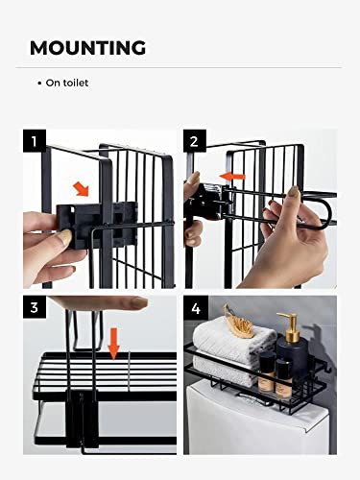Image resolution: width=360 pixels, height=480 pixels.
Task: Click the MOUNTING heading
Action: click(x=87, y=48)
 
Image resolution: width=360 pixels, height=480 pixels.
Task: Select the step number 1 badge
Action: click(x=35, y=141)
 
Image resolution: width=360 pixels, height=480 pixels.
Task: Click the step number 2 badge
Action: click(x=195, y=141)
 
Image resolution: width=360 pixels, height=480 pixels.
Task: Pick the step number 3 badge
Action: click(x=35, y=307)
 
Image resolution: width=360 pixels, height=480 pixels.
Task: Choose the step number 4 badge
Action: click(x=196, y=308)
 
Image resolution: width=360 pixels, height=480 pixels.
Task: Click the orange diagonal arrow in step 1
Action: click(x=81, y=189)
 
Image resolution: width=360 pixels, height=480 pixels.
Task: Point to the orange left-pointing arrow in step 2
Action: click(x=232, y=176)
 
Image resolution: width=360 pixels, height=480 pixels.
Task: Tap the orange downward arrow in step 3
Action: click(x=113, y=343)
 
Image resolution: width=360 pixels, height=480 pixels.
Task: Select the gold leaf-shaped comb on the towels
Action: click(x=237, y=318)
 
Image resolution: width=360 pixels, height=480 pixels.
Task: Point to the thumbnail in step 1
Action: click(x=65, y=237)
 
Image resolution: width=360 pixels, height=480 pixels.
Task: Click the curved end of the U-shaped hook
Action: click(x=329, y=212)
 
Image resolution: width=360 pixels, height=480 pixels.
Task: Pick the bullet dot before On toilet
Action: click(x=39, y=84)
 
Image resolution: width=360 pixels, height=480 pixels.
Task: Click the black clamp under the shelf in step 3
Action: click(x=82, y=420)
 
